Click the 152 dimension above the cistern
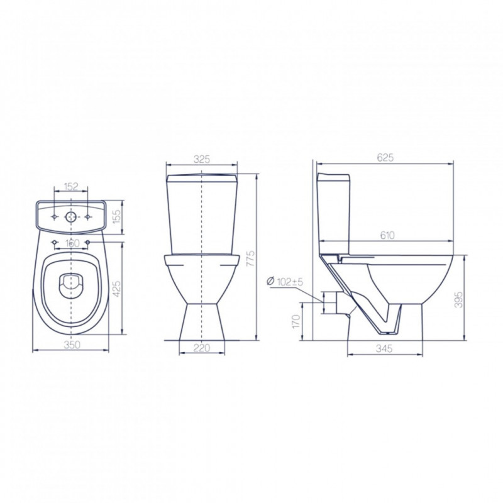tap(71, 186)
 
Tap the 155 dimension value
tap(118, 217)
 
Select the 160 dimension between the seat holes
tap(71, 243)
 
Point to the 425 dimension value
tap(117, 289)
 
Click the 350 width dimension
tap(71, 345)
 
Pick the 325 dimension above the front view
tap(202, 159)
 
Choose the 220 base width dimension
tap(202, 348)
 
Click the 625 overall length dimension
tap(385, 158)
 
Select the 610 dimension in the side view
tap(387, 235)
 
